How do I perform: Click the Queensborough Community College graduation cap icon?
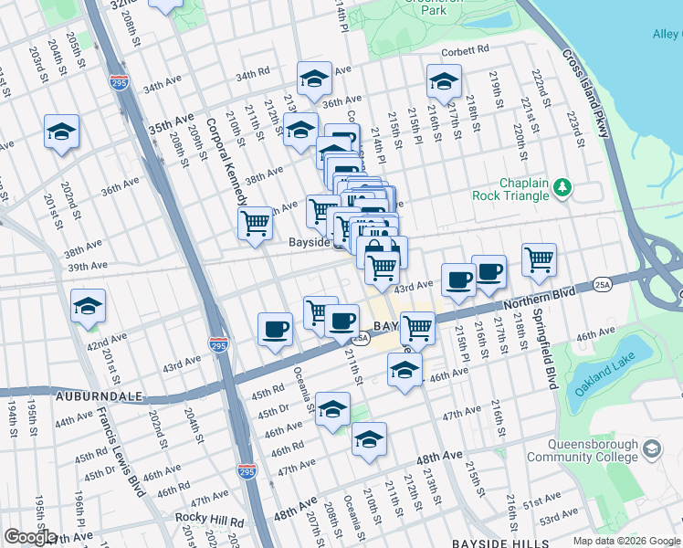[x=652, y=448]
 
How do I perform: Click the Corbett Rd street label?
[x=466, y=50]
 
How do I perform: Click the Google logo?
[x=29, y=537]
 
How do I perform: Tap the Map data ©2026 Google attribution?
[x=627, y=541]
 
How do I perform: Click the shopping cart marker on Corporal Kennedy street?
[x=255, y=223]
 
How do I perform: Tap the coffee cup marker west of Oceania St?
[x=275, y=329]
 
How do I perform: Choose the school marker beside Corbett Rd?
[x=444, y=82]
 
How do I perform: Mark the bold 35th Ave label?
[x=172, y=123]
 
